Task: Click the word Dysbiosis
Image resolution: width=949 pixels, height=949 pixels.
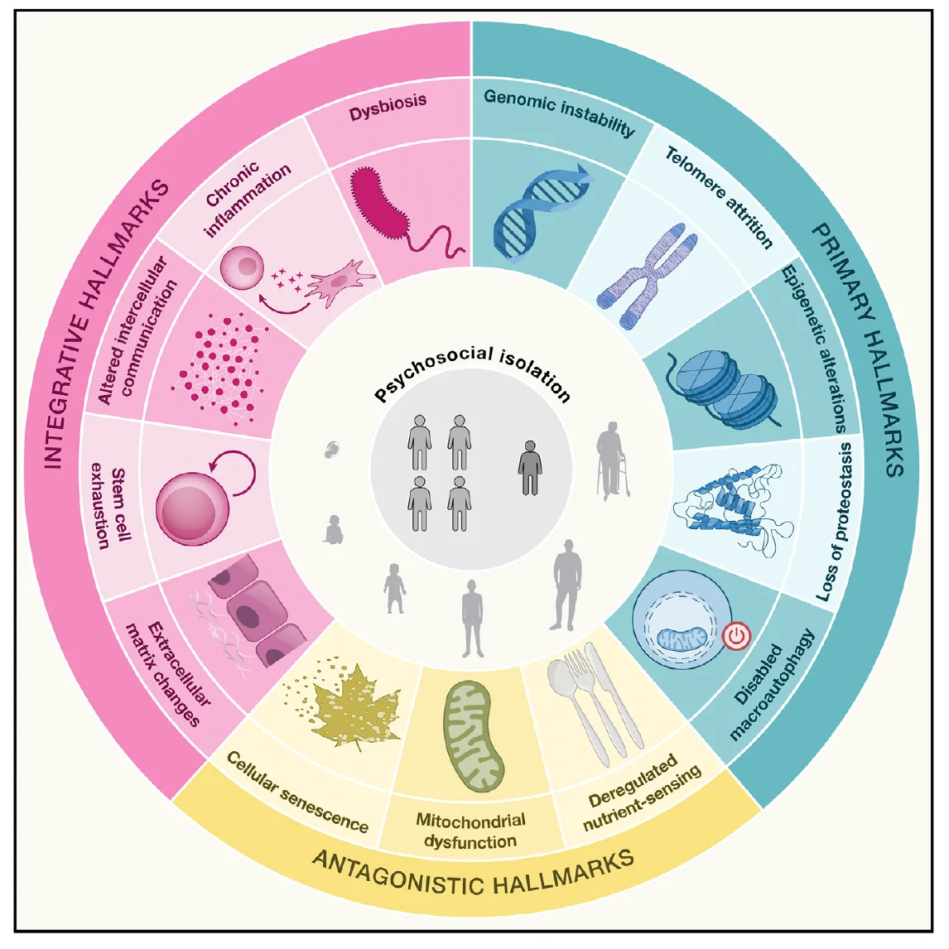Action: pos(388,107)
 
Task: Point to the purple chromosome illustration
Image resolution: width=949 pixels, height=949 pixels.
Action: pos(648,276)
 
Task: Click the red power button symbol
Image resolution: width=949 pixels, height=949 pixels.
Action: pos(736,637)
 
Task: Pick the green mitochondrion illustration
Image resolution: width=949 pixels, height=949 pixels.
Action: pos(474,735)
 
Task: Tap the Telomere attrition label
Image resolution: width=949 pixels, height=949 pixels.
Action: pos(719,197)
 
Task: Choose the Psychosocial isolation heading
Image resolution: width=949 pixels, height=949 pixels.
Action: pos(473,373)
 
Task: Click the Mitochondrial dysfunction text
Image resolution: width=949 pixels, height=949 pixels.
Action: pos(470,831)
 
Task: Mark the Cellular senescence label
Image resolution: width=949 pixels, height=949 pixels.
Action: pos(297,792)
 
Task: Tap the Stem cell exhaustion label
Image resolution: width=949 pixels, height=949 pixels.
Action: pos(110,505)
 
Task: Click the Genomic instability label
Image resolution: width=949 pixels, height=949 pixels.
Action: pos(559,112)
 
